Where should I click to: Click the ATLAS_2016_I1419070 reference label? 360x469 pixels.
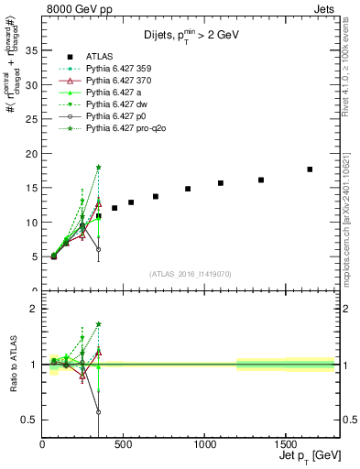[x=190, y=273]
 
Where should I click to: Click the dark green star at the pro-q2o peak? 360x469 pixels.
[x=98, y=167]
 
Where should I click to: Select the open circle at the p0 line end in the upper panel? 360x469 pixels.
[x=98, y=249]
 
